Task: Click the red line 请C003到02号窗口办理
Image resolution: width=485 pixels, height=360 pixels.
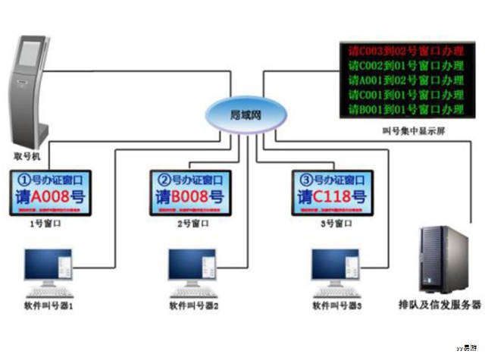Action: [405, 51]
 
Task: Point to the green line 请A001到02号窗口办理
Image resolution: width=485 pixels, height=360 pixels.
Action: [405, 80]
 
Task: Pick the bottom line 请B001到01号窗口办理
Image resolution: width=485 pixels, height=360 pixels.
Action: [405, 109]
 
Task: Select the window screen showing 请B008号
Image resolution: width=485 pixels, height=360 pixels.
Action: [190, 192]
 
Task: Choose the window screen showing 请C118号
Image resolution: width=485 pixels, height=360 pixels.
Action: [332, 192]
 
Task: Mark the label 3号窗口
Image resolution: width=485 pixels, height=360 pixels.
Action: [330, 224]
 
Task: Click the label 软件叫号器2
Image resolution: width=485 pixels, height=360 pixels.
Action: [194, 306]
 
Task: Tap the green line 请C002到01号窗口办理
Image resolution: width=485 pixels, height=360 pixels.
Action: [405, 65]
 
